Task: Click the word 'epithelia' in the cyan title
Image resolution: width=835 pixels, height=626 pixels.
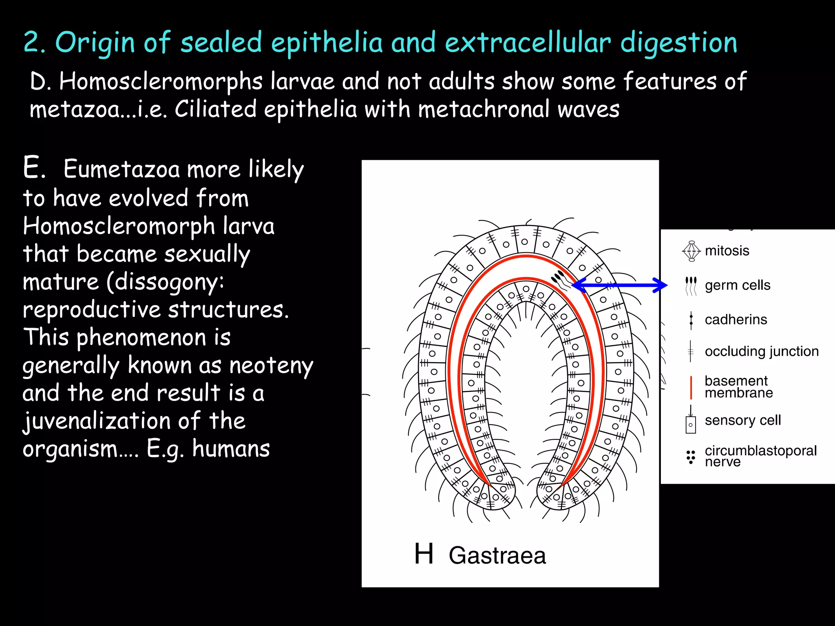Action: (x=327, y=42)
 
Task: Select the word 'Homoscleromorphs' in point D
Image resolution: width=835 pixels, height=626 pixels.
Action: (x=161, y=82)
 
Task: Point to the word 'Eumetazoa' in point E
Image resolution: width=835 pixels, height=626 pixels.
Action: (x=121, y=169)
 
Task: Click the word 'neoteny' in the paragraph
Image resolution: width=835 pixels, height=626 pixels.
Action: (x=271, y=365)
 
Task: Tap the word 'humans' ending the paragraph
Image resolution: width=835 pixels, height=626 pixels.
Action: (x=231, y=449)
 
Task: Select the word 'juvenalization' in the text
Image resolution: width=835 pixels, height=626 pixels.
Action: (x=97, y=421)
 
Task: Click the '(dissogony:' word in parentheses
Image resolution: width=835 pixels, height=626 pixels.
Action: (x=165, y=282)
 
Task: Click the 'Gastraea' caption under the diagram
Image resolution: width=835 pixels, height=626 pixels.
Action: (x=497, y=555)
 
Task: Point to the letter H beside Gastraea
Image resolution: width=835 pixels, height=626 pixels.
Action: (x=424, y=554)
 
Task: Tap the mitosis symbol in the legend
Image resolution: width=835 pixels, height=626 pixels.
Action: (x=691, y=251)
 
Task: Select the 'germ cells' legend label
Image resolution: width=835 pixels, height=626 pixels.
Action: (x=738, y=285)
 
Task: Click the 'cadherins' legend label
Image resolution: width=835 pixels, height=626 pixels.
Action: (x=736, y=320)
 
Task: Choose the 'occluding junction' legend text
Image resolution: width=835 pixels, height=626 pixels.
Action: (x=761, y=351)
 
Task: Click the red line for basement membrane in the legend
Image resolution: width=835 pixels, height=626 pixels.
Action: (x=691, y=387)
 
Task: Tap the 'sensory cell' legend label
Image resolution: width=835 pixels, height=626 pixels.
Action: (x=742, y=420)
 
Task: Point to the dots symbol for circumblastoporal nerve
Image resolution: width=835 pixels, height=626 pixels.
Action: (x=691, y=457)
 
